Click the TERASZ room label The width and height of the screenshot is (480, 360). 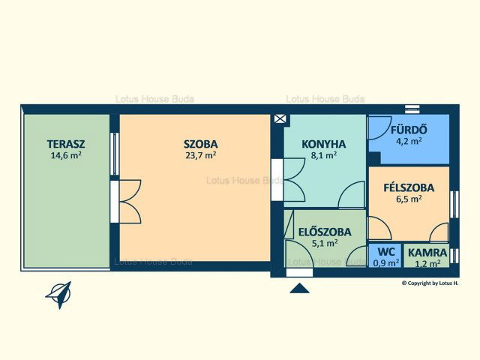[x=66, y=144]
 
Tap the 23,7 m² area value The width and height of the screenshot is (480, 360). [x=201, y=155]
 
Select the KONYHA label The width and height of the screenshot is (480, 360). [x=324, y=144]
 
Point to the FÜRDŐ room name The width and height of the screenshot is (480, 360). [x=409, y=130]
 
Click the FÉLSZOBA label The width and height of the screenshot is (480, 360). [x=409, y=187]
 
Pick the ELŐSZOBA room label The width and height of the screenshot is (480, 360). [x=325, y=232]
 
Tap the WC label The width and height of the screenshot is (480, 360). [x=385, y=252]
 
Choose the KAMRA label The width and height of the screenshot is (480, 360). [x=427, y=253]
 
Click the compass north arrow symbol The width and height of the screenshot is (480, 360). [x=59, y=294]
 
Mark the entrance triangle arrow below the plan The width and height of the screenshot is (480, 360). [x=299, y=288]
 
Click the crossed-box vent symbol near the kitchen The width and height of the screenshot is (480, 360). [x=280, y=118]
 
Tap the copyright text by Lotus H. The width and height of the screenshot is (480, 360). [x=430, y=283]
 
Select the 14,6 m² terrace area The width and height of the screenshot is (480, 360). [x=66, y=155]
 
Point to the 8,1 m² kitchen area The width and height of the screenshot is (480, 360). [x=324, y=155]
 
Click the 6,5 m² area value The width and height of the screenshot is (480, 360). [x=409, y=199]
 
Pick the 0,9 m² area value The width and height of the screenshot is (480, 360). [x=386, y=262]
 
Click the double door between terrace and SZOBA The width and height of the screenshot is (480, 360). [x=125, y=202]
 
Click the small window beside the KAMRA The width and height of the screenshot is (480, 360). [x=454, y=256]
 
